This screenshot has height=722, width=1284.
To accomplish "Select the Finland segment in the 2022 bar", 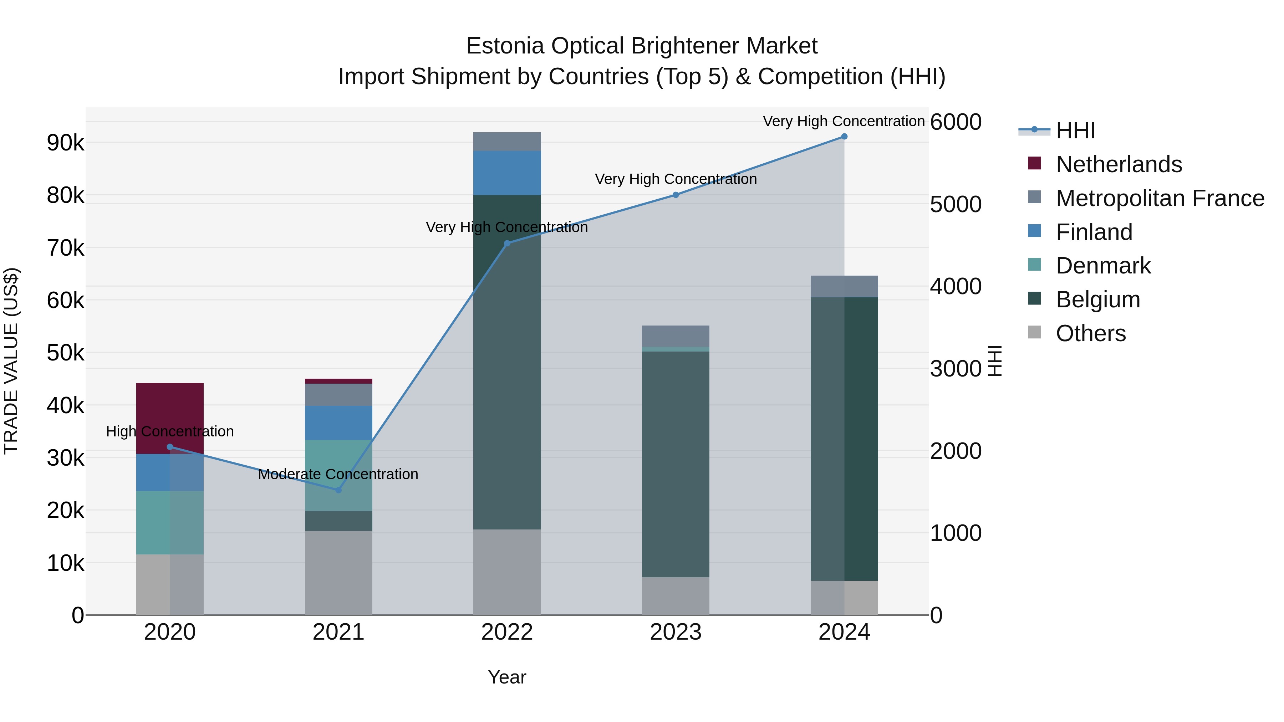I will pos(507,173).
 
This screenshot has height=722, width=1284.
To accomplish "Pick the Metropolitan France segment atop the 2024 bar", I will pos(844,286).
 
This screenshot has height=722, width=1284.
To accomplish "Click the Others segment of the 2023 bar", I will pos(676,596).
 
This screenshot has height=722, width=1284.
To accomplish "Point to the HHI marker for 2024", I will pos(844,136).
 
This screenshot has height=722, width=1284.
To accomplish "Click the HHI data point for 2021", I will pos(338,490).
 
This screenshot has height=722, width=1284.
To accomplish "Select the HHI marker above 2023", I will pos(676,195).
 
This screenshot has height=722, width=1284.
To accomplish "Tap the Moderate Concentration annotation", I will pos(338,474).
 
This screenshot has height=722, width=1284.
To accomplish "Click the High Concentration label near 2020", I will pos(169,431).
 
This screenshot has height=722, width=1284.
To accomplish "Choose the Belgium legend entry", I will pos(1097,299).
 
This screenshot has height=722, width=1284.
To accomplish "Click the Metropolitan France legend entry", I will pos(1160,198).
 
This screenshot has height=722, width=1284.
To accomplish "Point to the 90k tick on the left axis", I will pos(65,143).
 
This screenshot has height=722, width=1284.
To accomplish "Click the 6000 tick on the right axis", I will pos(956,122).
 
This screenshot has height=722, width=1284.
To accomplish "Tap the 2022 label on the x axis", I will pos(507,632).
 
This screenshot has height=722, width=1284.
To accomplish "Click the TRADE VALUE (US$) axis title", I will pos(11,361).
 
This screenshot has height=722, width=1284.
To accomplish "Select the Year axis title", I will pos(507,677).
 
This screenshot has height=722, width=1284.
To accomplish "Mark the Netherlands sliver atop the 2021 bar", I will pos(338,381).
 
